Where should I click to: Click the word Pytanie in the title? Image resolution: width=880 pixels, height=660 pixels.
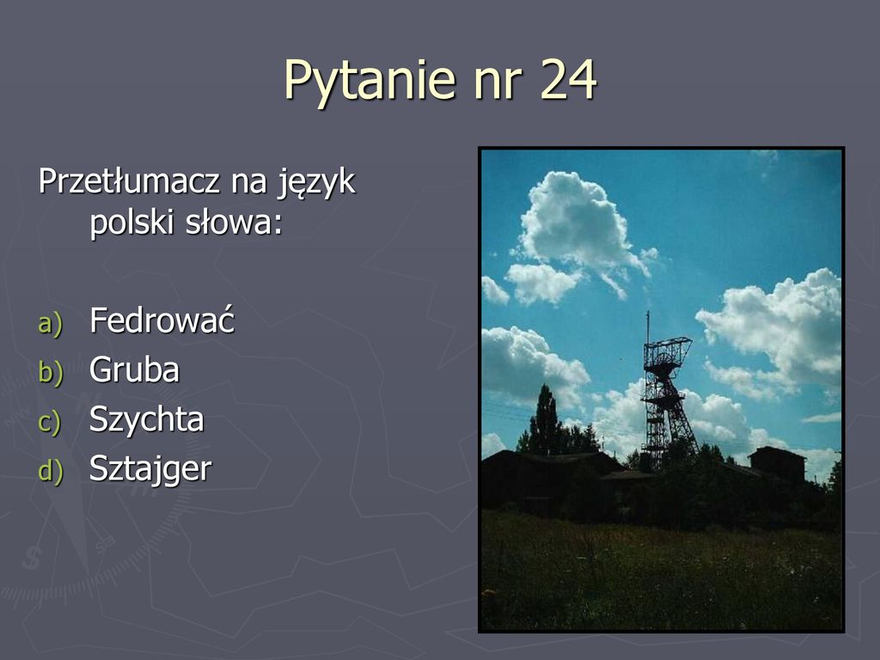[370, 80]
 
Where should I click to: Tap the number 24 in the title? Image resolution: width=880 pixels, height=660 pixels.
[569, 79]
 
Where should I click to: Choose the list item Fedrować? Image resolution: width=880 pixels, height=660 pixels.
[162, 320]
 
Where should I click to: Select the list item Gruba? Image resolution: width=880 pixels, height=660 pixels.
[134, 370]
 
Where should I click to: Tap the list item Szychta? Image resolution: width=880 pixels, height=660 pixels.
[146, 419]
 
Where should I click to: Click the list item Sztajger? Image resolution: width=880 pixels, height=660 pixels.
[150, 469]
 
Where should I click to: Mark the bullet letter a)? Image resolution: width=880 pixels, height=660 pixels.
[50, 324]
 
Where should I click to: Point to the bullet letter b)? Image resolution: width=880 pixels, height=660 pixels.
[50, 372]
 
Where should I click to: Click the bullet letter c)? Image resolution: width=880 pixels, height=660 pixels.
[49, 422]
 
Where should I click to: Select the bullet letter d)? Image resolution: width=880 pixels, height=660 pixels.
[50, 471]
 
